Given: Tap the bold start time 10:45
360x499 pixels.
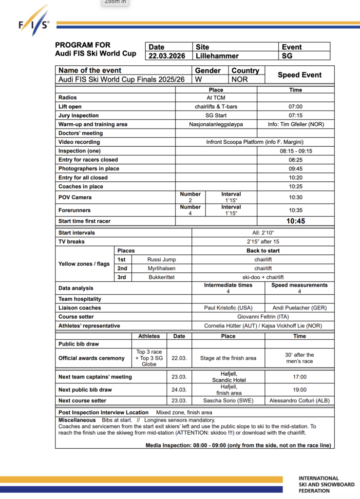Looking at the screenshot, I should coord(295,221).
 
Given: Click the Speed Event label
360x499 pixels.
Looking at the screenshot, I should coord(300,75).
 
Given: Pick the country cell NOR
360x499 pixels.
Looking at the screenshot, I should coord(240,79).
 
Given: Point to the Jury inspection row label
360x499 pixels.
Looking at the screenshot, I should coord(78,115).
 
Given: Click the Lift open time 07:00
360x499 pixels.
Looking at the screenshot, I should coord(295,107).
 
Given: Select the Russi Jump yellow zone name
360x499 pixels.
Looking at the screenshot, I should coord(161,260).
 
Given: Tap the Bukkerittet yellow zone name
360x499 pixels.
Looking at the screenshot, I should coord(161,277).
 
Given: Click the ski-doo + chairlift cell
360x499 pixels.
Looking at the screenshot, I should coord(263,277).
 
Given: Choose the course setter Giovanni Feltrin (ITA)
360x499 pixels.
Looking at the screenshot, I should coord(263,317).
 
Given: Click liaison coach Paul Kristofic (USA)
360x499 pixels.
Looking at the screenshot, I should coord(228,308).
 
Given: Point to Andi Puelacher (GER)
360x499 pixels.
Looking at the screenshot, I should coord(300,308).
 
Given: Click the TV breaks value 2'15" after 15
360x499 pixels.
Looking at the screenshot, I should coord(263,242).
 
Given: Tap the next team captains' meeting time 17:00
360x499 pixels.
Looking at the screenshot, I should coord(300,377).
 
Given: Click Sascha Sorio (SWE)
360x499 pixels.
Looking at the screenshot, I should coord(228,401).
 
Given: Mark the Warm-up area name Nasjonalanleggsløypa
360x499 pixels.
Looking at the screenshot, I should coord(216,124).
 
